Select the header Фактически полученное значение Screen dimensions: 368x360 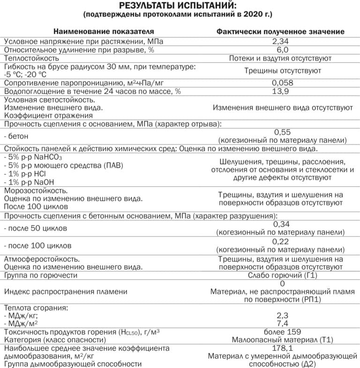280,31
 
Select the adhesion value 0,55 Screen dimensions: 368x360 282,132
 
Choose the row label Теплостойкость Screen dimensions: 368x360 31,58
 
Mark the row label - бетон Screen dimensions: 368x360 16,136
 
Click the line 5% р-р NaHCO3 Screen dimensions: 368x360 33,157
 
